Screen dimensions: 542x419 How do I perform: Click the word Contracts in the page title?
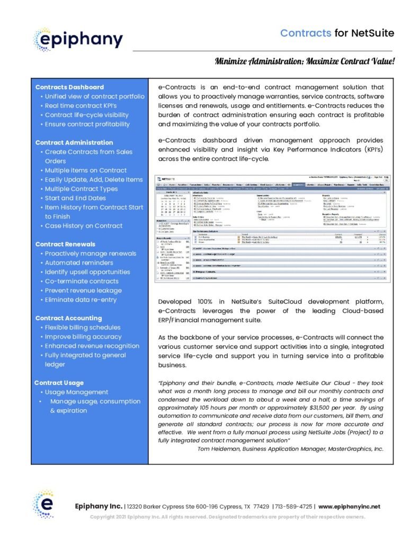tap(306, 33)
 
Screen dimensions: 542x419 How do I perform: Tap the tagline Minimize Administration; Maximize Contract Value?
tap(305, 61)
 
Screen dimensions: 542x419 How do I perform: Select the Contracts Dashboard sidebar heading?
tap(69, 87)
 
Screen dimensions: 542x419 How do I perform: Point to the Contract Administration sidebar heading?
tap(74, 142)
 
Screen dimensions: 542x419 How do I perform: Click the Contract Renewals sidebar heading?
tap(65, 244)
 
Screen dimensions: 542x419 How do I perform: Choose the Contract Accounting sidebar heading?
tap(68, 318)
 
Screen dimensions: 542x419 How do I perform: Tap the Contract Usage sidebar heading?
tap(59, 383)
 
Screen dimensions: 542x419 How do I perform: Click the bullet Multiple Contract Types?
tap(81, 189)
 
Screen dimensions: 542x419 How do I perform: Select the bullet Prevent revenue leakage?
tap(83, 291)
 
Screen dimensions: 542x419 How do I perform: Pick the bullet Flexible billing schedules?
tap(83, 328)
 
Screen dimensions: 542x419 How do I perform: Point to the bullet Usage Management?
tap(76, 392)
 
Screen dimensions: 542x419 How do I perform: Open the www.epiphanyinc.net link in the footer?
tap(349, 507)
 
